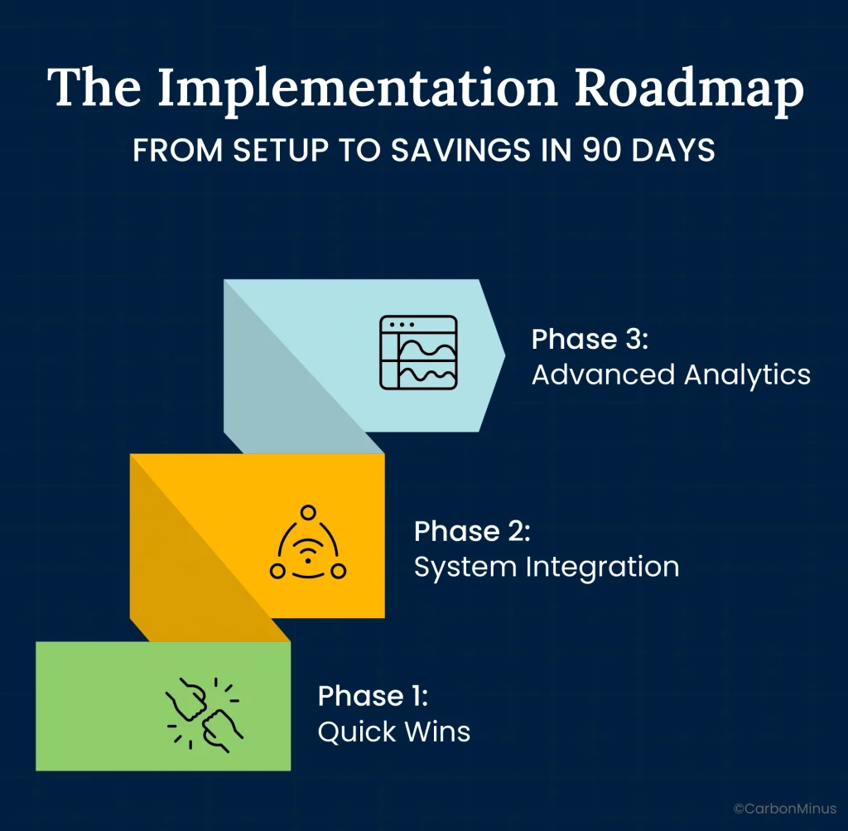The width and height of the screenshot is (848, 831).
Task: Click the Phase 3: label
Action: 586,340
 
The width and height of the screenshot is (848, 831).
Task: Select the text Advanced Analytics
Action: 671,374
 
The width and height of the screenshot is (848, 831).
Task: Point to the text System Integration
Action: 546,567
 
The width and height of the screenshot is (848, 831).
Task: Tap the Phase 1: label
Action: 373,696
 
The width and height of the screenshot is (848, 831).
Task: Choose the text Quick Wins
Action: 393,732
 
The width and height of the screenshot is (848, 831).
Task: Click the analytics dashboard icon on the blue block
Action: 417,352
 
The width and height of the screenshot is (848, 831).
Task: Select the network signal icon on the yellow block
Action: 308,544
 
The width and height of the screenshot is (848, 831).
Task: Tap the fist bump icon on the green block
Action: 205,710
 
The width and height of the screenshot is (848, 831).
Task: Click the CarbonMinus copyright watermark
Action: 784,808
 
